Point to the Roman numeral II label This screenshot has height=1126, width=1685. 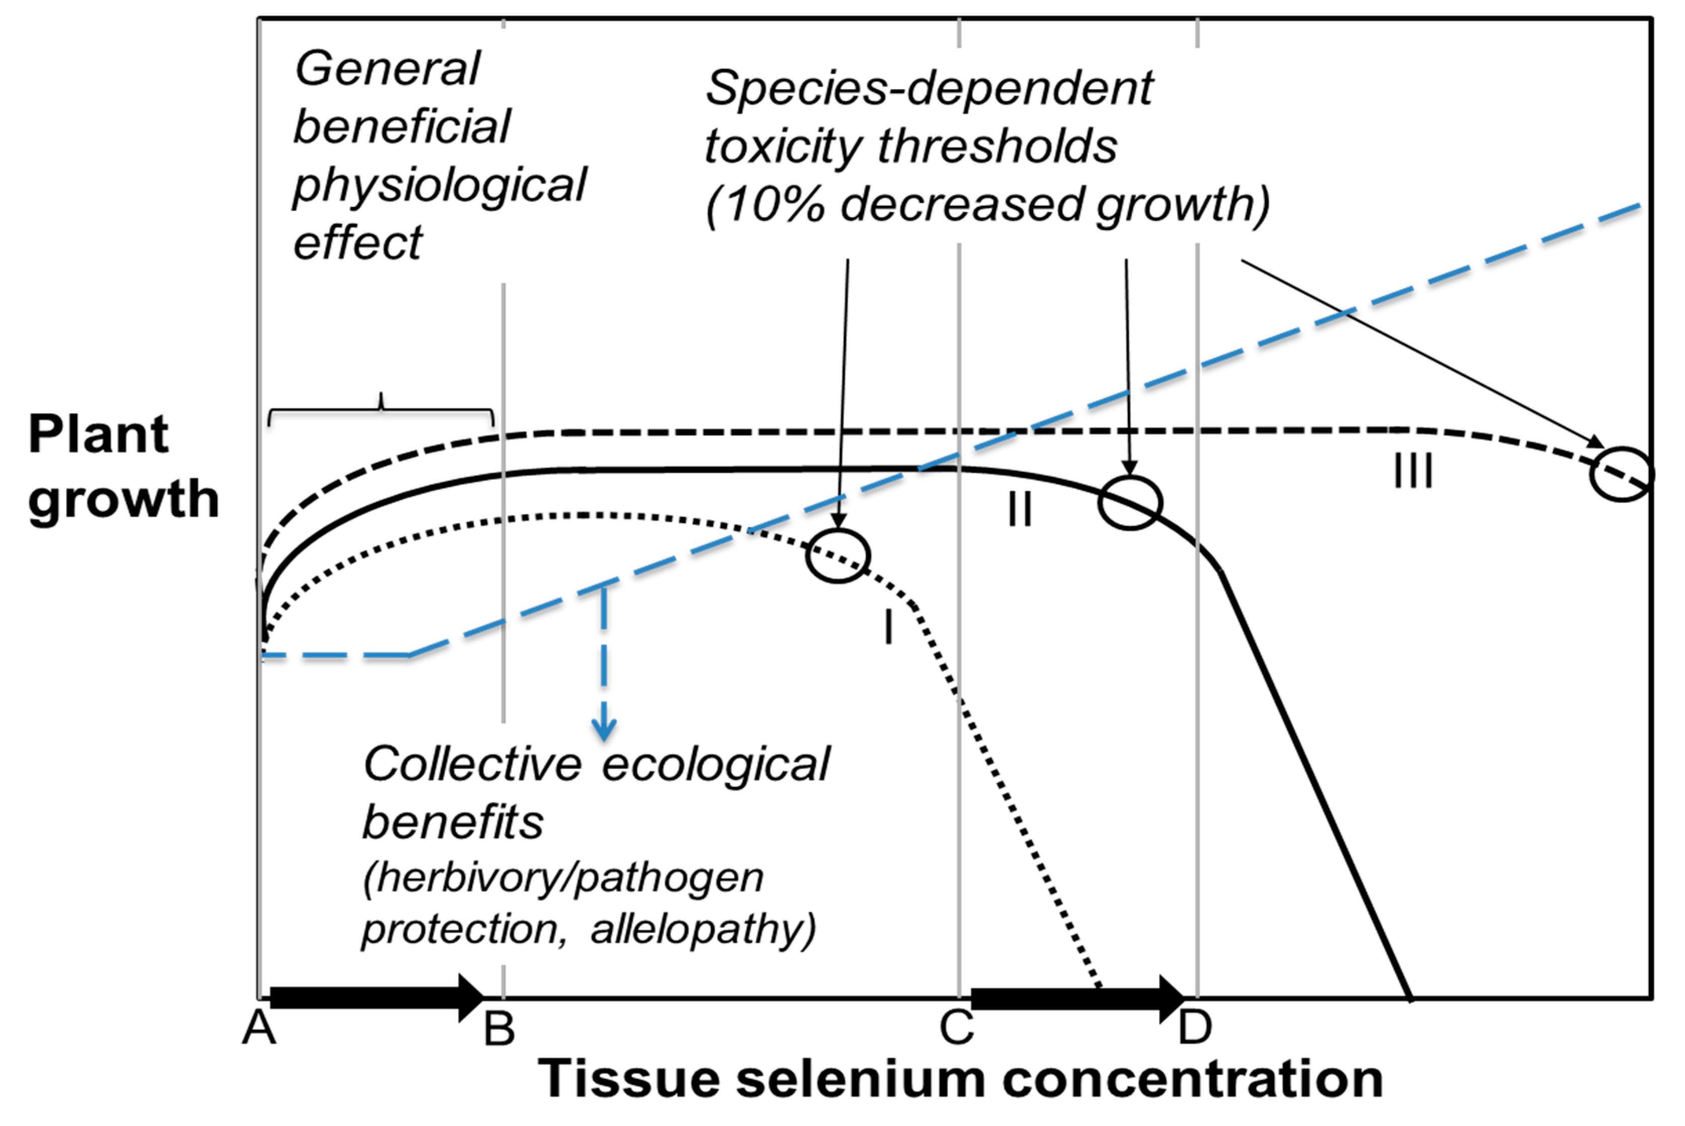point(1020,510)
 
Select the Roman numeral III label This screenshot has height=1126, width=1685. point(1413,472)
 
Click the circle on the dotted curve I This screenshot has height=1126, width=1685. point(838,555)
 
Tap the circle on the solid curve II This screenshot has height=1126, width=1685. point(1130,503)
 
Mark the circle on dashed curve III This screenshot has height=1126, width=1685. point(1622,474)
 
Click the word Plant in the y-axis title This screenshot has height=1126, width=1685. point(98,435)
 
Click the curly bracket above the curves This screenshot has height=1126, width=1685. point(381,409)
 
